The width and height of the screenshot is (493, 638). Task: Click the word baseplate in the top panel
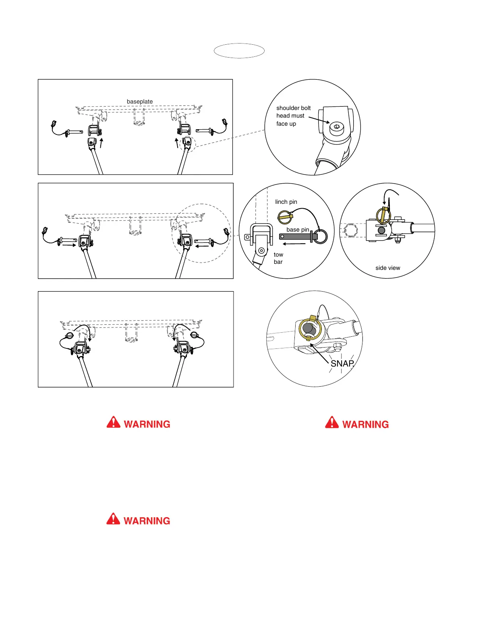click(140, 101)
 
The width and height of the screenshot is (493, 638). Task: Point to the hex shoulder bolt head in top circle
click(337, 128)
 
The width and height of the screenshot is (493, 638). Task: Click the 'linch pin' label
click(286, 202)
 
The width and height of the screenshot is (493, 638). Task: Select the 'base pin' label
click(298, 230)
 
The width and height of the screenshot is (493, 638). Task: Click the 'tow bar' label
click(278, 258)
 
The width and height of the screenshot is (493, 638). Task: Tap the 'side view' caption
click(387, 268)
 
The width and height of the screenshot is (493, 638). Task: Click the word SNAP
click(342, 364)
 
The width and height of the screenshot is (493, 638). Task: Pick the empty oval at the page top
click(239, 51)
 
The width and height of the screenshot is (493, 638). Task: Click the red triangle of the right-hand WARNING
click(332, 423)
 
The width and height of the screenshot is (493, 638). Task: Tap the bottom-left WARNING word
click(147, 521)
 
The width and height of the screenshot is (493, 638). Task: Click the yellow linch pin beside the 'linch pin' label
click(286, 217)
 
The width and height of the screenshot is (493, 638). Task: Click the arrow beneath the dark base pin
click(294, 244)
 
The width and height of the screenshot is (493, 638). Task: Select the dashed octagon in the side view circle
click(350, 231)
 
